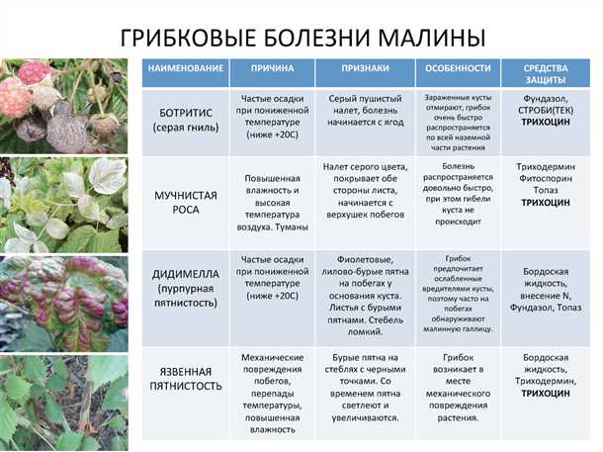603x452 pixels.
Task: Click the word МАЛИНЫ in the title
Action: (x=426, y=39)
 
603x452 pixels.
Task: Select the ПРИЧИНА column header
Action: (x=271, y=69)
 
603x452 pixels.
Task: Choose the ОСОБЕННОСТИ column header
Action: (x=458, y=69)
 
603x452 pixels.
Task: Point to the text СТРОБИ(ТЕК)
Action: (x=547, y=112)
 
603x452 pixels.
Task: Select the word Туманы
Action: (x=289, y=227)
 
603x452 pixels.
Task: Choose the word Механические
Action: (x=271, y=355)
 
